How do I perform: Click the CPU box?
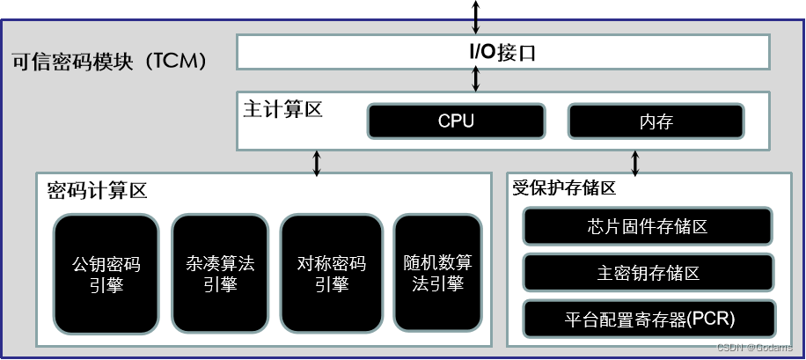pos(456,121)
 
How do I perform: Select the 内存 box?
pos(656,121)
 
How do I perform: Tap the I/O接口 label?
pos(502,53)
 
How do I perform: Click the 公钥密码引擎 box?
pos(106,274)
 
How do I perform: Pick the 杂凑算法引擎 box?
pos(220,274)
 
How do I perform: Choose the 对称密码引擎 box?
pos(332,274)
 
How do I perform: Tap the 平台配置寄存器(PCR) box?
pos(648,318)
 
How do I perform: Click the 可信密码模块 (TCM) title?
pos(111,62)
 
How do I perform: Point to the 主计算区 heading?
pos(283,110)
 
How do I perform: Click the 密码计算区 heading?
pos(97,190)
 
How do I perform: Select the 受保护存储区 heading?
pos(564,188)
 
